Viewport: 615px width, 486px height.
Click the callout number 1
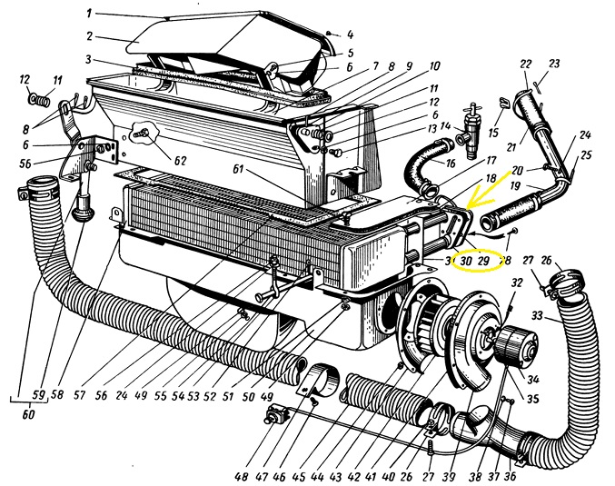click(90, 13)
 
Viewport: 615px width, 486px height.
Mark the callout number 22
click(525, 63)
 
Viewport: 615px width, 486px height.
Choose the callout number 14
click(445, 126)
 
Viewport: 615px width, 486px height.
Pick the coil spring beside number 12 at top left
click(36, 96)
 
